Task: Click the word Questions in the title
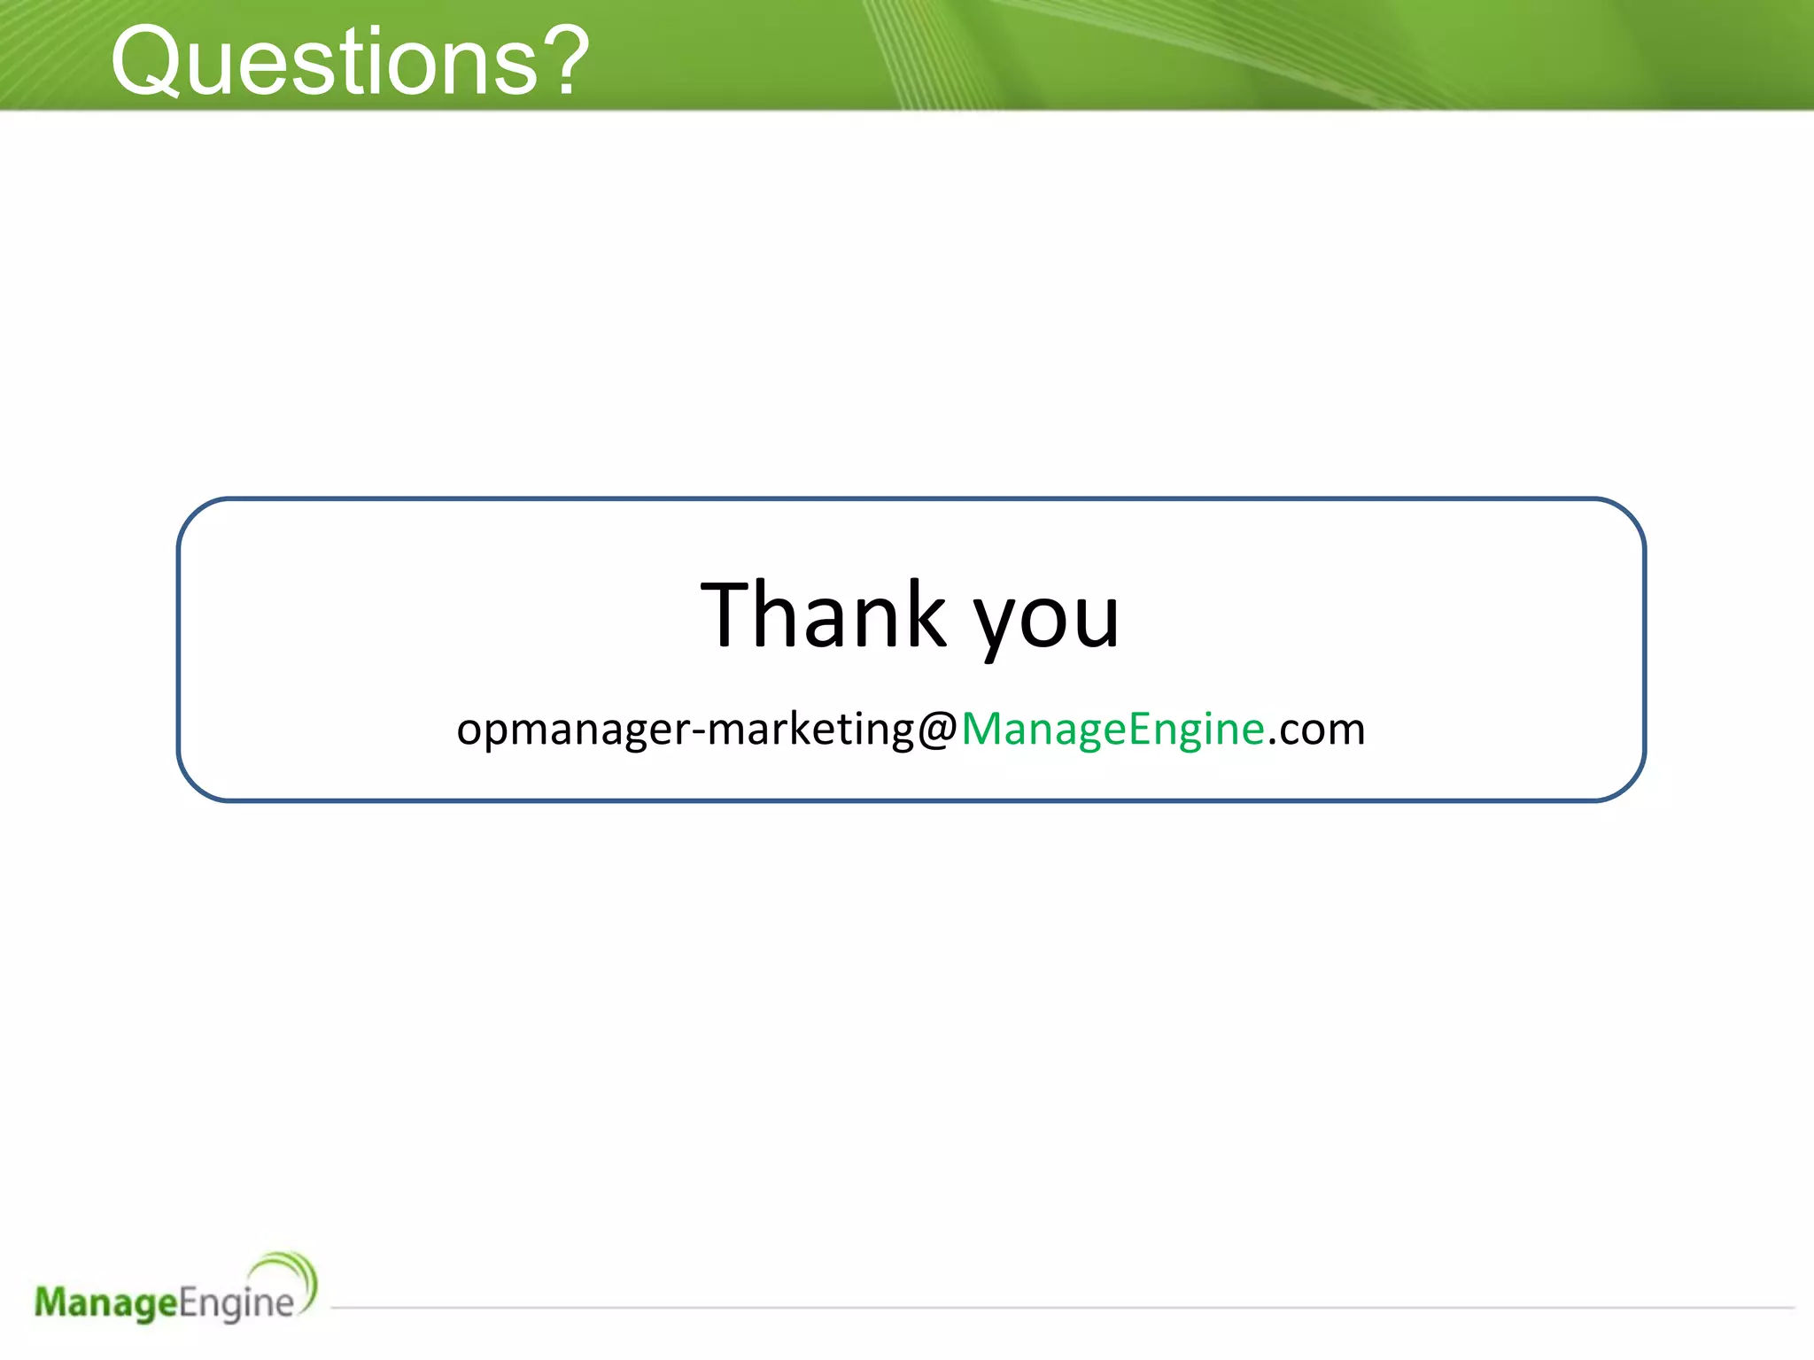pyautogui.click(x=324, y=62)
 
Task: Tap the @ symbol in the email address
pyautogui.click(x=937, y=730)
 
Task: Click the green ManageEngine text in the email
pyautogui.click(x=1112, y=730)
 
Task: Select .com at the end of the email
pyautogui.click(x=1316, y=730)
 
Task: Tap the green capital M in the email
pyautogui.click(x=982, y=728)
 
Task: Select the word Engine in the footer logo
pyautogui.click(x=236, y=1303)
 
